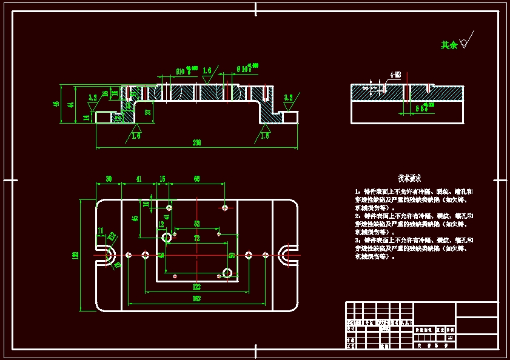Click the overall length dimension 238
click(x=196, y=143)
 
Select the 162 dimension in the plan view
click(x=196, y=299)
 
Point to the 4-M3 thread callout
click(x=395, y=75)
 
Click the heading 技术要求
click(x=409, y=178)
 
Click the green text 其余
click(x=449, y=45)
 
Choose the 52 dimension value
click(x=196, y=224)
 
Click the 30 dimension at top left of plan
click(x=109, y=179)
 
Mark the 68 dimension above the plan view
click(x=197, y=179)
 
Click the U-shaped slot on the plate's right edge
click(x=286, y=255)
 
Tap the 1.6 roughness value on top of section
click(x=207, y=70)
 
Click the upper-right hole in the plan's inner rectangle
click(x=225, y=207)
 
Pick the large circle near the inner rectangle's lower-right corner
click(x=227, y=273)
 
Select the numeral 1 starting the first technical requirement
click(x=357, y=192)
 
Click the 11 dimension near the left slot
click(x=101, y=230)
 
